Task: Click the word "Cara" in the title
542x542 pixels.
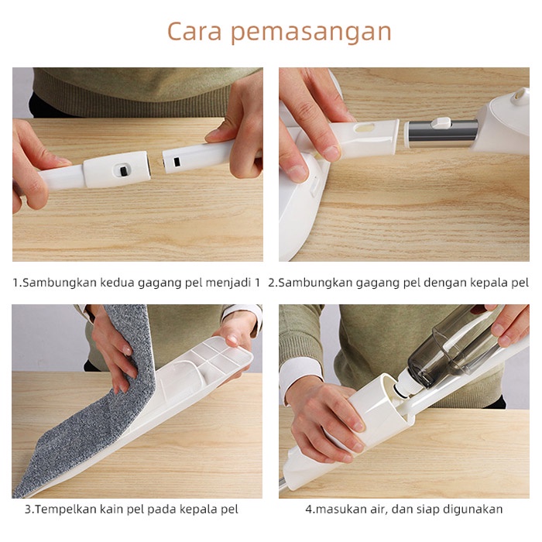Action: (194, 32)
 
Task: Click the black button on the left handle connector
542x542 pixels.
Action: (123, 171)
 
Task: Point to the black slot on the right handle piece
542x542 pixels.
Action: (177, 162)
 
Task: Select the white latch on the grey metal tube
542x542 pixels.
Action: (441, 123)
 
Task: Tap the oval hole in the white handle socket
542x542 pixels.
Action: (365, 128)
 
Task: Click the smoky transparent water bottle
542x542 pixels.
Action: (456, 345)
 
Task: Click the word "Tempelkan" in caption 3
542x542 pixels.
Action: (65, 509)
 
